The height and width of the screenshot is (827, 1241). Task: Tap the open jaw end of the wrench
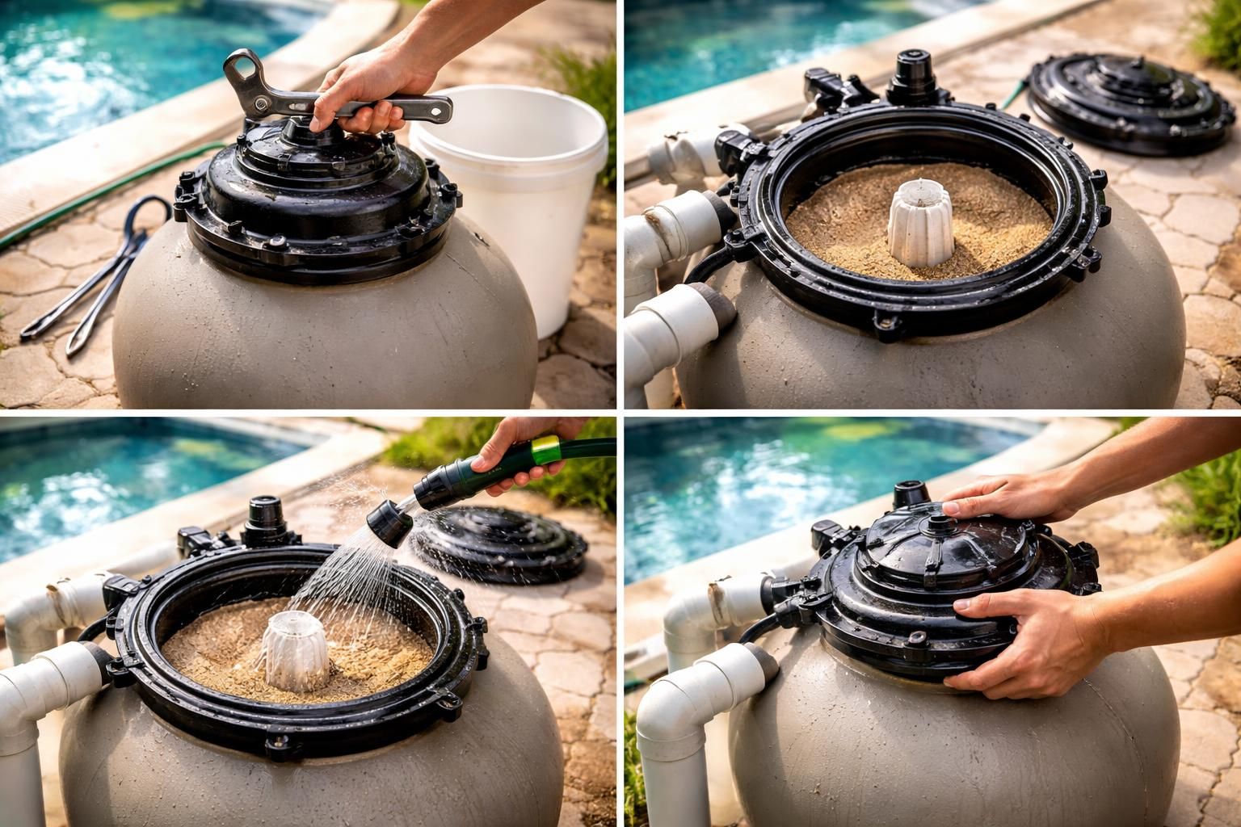point(240,69)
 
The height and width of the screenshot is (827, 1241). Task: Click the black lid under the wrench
point(315,194)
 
